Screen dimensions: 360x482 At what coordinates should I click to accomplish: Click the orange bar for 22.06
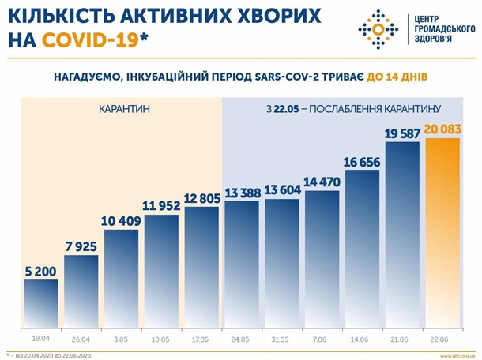[x=442, y=237]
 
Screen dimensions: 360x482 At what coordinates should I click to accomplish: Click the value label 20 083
[x=443, y=129]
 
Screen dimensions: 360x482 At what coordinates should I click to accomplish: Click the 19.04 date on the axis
[x=40, y=339]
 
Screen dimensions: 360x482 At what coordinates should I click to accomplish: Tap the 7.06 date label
[x=322, y=339]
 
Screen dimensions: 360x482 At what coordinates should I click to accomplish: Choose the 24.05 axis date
[x=242, y=339]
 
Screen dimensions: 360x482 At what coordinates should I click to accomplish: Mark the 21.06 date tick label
[x=403, y=339]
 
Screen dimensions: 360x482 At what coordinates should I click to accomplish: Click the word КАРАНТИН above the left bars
[x=124, y=107]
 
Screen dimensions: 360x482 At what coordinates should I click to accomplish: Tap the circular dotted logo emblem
[x=378, y=30]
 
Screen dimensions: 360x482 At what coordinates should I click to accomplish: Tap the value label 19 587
[x=402, y=134]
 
